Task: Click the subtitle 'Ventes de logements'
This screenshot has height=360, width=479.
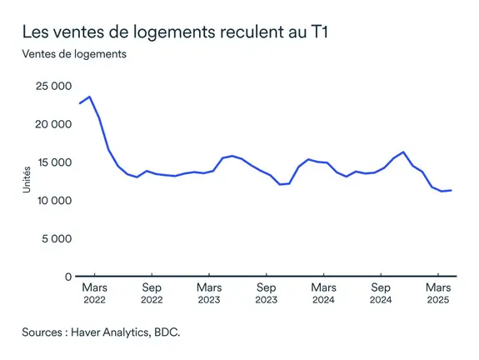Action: pyautogui.click(x=74, y=55)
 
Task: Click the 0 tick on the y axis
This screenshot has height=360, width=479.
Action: pyautogui.click(x=67, y=277)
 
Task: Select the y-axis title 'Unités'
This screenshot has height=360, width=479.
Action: pyautogui.click(x=27, y=181)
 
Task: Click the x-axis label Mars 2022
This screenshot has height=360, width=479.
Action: pyautogui.click(x=94, y=293)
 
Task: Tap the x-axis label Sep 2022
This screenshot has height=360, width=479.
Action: pyautogui.click(x=152, y=293)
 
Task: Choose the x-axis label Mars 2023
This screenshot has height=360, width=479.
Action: pyautogui.click(x=209, y=293)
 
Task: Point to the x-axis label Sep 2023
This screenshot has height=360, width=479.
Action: pyautogui.click(x=266, y=293)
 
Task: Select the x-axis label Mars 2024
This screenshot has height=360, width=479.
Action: pyautogui.click(x=323, y=293)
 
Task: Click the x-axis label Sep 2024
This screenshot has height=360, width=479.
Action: pyautogui.click(x=381, y=293)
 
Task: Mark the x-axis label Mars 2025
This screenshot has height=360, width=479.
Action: pyautogui.click(x=438, y=293)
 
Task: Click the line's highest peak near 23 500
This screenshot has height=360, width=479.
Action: pyautogui.click(x=90, y=97)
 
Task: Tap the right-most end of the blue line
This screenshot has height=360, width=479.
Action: pyautogui.click(x=452, y=190)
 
